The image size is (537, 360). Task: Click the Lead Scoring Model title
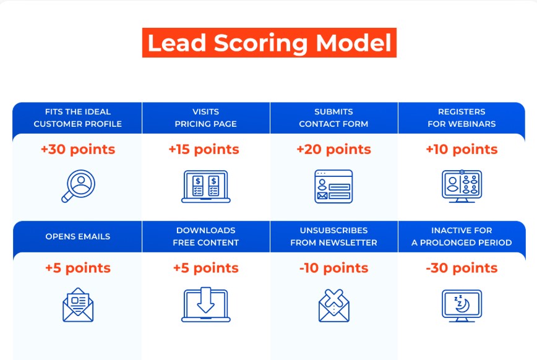tap(269, 43)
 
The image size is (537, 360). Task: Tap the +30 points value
tap(78, 150)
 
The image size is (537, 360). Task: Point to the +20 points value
tap(334, 150)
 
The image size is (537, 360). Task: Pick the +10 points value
tap(462, 150)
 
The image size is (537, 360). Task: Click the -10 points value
tap(334, 268)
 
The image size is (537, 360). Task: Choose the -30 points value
tap(462, 268)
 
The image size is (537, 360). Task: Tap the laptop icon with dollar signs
tap(206, 186)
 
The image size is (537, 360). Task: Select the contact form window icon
tap(333, 186)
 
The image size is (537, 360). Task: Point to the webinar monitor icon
tap(462, 186)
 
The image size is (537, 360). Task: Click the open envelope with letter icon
tap(78, 305)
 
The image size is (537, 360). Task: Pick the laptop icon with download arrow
tap(206, 306)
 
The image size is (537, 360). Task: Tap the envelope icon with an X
tap(334, 306)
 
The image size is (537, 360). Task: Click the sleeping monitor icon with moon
tap(462, 306)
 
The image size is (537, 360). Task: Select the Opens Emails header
tap(78, 236)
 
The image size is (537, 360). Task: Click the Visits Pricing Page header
tap(206, 118)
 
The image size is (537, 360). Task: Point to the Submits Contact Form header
tap(334, 118)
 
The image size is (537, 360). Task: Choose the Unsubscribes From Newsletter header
tap(334, 236)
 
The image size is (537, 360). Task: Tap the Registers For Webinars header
tap(462, 118)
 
